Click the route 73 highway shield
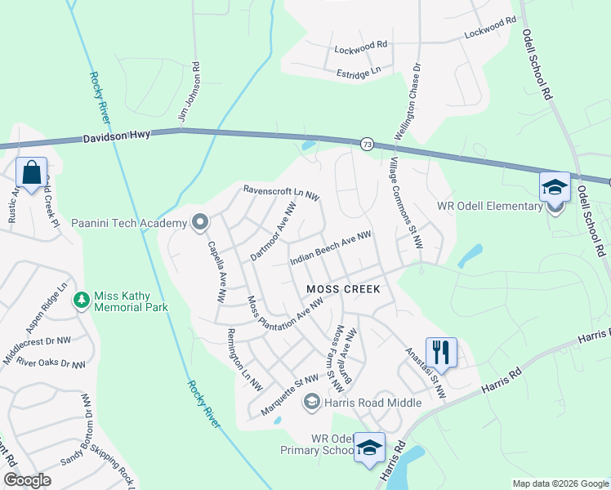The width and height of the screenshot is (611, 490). click(x=367, y=144)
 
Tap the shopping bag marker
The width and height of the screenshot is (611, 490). click(x=31, y=174)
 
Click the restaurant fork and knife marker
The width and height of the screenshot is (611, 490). click(x=441, y=353)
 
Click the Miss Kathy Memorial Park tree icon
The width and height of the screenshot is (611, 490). click(x=81, y=301)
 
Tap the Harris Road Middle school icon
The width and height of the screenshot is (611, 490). click(x=310, y=402)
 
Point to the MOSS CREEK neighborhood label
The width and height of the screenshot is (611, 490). click(x=343, y=289)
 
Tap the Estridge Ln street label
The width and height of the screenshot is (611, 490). click(x=359, y=73)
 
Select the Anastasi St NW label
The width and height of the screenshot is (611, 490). click(x=426, y=374)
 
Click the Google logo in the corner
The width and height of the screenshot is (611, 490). click(x=27, y=479)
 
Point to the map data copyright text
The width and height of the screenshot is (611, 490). click(x=560, y=483)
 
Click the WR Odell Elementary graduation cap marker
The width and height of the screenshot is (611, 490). click(x=555, y=187)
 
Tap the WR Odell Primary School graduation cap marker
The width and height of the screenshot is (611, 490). click(x=369, y=448)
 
